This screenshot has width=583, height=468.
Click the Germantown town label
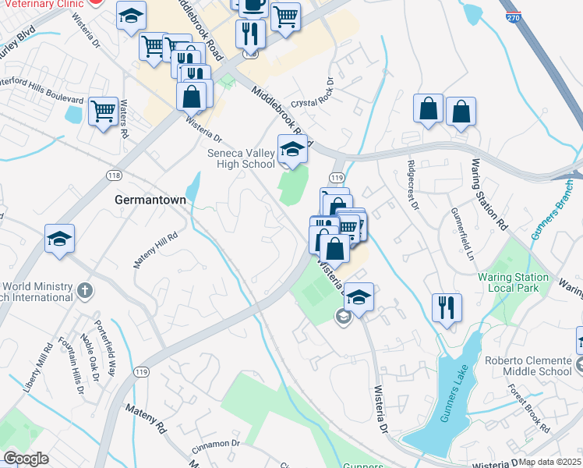pos(150,200)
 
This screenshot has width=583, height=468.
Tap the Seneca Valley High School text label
pos(241,158)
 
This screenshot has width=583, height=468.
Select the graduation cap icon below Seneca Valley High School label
pos(292,149)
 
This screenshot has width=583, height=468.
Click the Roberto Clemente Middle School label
pos(528,365)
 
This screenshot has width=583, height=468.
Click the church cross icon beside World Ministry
pos(86,292)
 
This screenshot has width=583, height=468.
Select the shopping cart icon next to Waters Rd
pos(103,112)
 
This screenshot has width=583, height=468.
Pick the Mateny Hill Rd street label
pos(155,250)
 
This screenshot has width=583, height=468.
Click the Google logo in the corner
pos(26,458)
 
